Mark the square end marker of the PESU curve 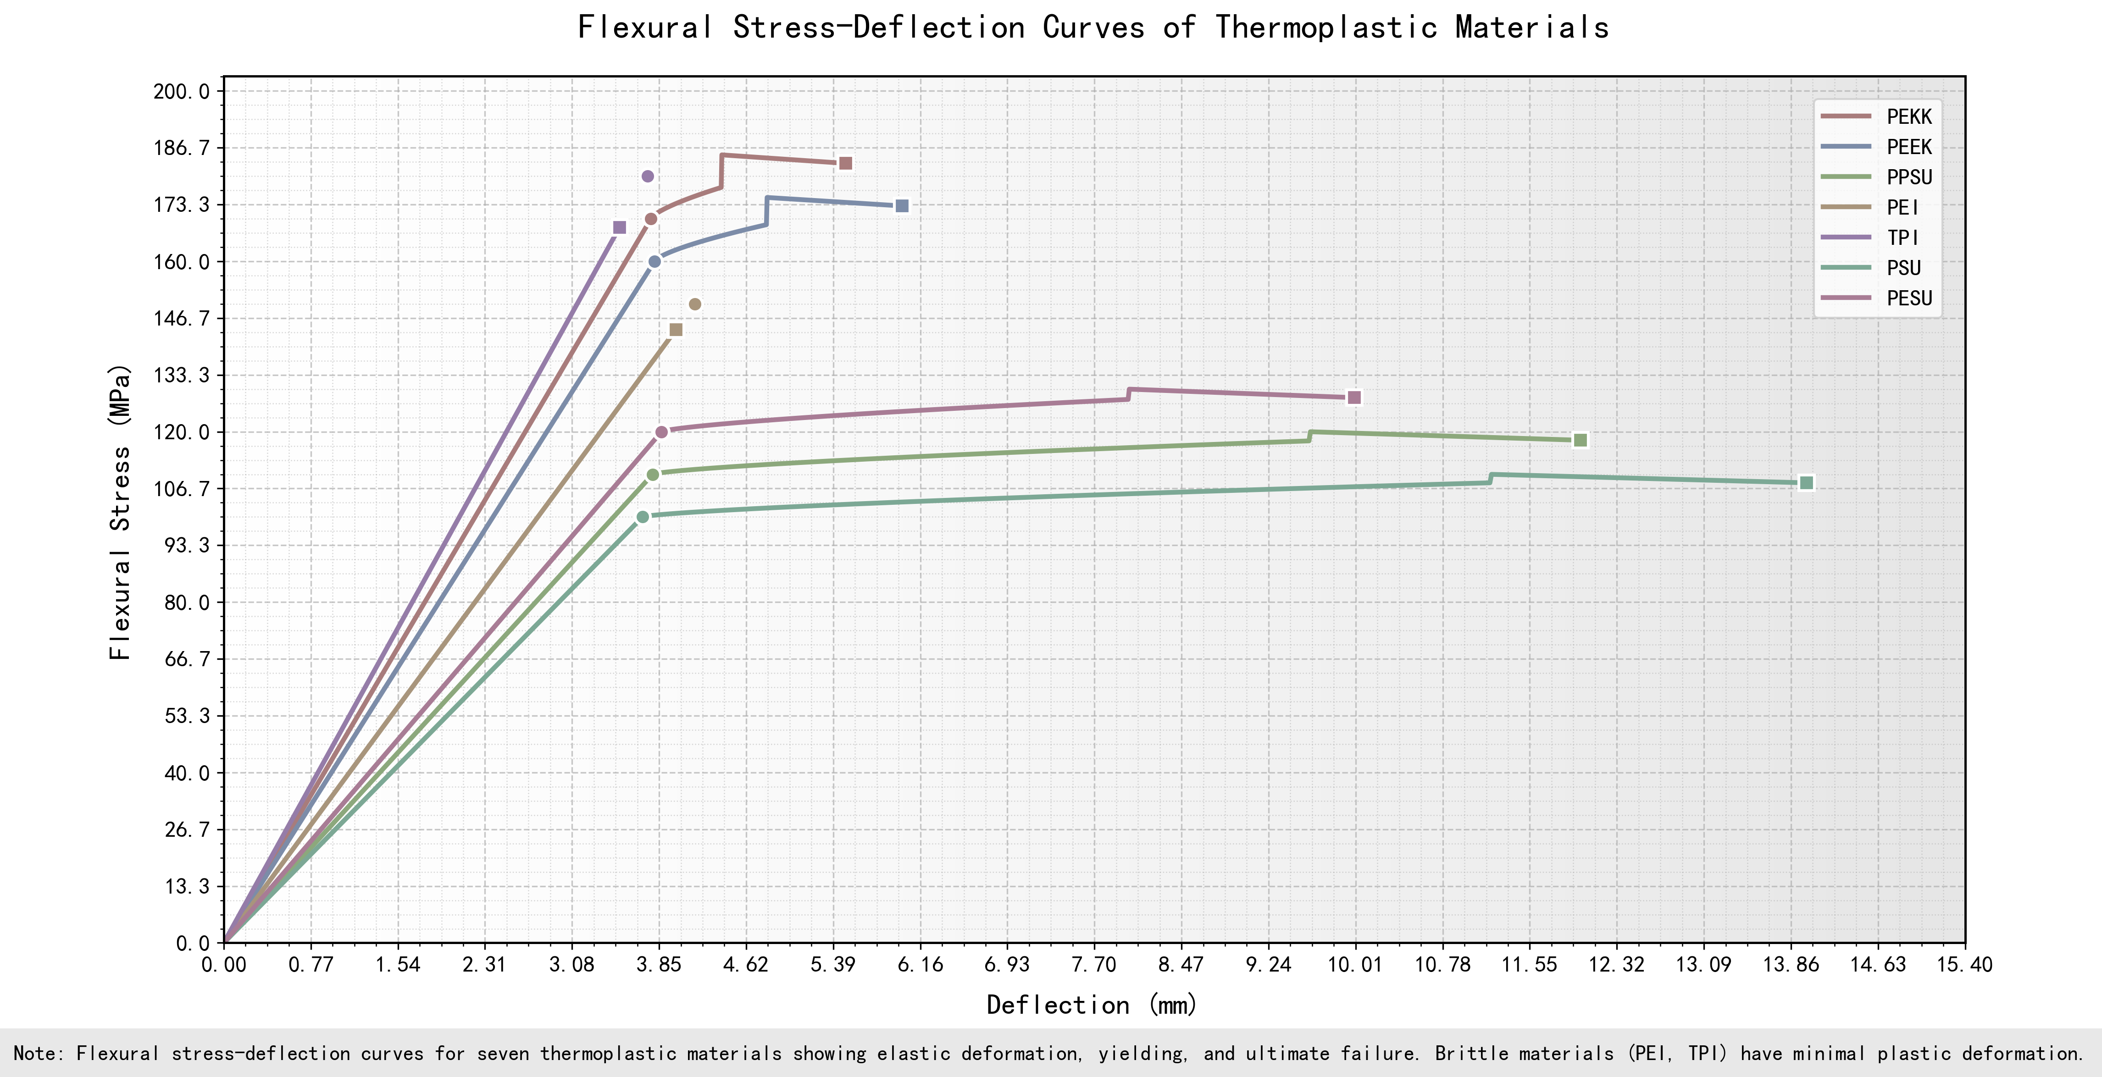click(1354, 398)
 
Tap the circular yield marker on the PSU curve click(643, 516)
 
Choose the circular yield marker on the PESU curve click(662, 431)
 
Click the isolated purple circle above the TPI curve click(648, 176)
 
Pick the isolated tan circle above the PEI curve click(695, 304)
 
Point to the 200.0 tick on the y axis click(181, 91)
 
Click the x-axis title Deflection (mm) click(1092, 1005)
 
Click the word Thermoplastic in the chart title click(1326, 28)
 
